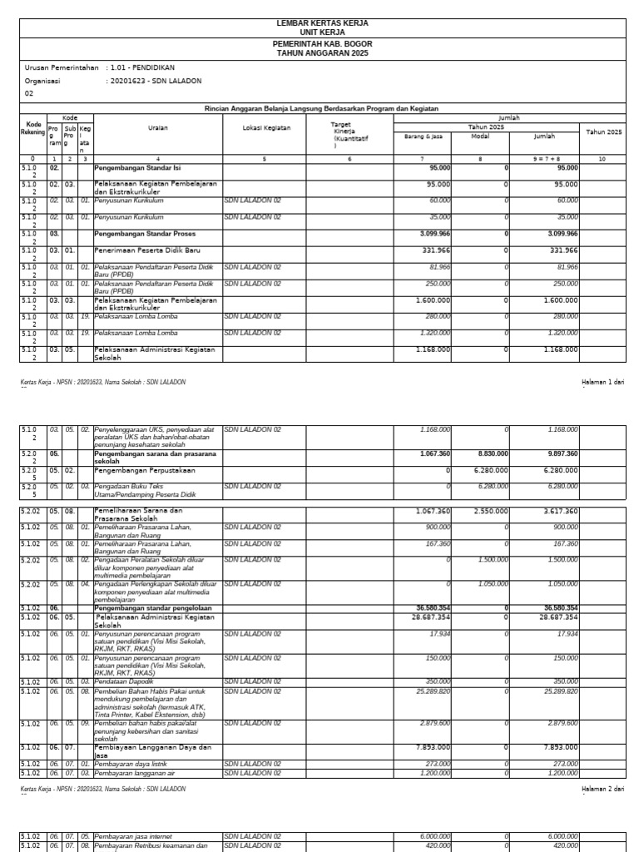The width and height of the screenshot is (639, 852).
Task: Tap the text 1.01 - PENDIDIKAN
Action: pos(142,67)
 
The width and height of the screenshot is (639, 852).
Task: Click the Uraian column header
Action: pos(157,128)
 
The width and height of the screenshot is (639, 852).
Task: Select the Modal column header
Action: pos(480,136)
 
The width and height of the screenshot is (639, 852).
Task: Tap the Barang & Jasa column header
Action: pos(424,136)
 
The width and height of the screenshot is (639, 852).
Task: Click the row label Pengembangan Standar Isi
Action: pos(137,167)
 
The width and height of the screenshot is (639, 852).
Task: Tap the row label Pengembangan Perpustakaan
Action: pos(146,470)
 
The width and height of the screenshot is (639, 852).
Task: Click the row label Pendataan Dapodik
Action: pos(124,681)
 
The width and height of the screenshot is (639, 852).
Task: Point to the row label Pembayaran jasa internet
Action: pos(134,836)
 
